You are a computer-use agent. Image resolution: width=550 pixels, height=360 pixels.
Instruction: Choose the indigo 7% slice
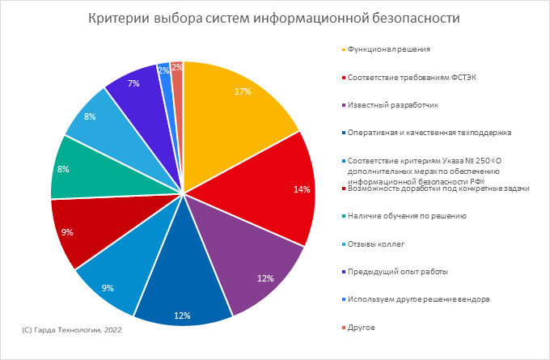137,93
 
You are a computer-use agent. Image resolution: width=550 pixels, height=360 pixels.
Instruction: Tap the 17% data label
241,91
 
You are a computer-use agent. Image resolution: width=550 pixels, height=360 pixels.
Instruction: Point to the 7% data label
133,83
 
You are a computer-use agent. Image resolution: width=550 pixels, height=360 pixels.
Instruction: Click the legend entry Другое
363,326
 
